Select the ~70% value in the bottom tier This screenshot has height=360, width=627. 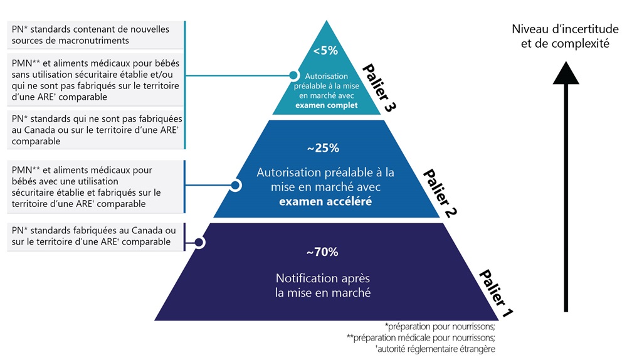[x=322, y=252]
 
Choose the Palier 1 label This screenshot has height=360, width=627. [x=495, y=292]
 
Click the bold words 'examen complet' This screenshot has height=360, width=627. [x=326, y=105]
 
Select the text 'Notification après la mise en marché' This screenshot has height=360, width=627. [x=324, y=285]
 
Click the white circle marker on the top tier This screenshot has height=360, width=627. [x=293, y=76]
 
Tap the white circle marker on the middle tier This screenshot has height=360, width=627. [x=236, y=186]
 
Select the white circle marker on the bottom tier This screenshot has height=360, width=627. [x=199, y=242]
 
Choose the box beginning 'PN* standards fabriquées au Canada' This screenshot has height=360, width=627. [x=94, y=236]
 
